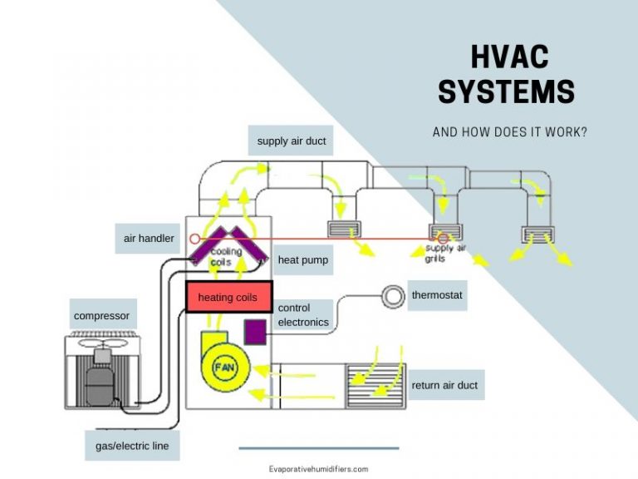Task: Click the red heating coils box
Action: click(x=228, y=297)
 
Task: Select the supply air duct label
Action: click(x=291, y=141)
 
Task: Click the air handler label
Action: click(x=149, y=239)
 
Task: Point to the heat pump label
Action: click(x=302, y=260)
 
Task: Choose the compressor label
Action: click(x=101, y=316)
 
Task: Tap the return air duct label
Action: click(x=444, y=386)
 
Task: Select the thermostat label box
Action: click(x=436, y=295)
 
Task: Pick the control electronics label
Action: click(x=303, y=315)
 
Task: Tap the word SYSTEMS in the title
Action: click(x=506, y=91)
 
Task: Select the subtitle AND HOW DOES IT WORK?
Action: click(x=509, y=132)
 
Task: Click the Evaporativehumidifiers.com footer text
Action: click(x=318, y=469)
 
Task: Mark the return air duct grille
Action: click(x=371, y=385)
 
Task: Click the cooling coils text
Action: click(x=226, y=256)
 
